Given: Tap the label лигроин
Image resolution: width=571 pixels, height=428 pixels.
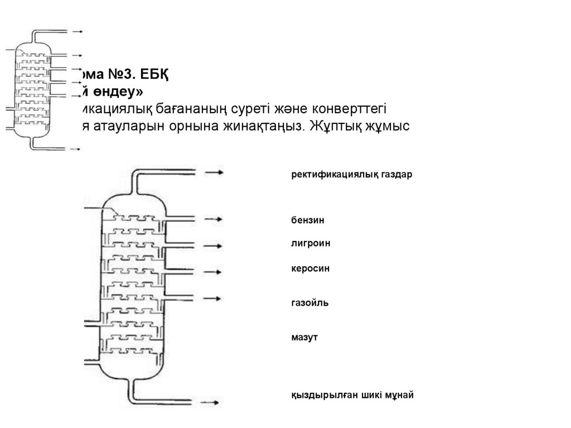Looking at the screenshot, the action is [310, 243].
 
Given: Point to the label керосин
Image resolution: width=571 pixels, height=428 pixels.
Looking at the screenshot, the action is [310, 268].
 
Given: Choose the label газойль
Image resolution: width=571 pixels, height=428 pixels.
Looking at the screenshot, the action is [309, 303].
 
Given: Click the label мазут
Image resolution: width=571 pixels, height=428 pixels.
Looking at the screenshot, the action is [304, 337].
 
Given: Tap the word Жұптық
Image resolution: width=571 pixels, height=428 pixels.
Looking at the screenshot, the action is [340, 126].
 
